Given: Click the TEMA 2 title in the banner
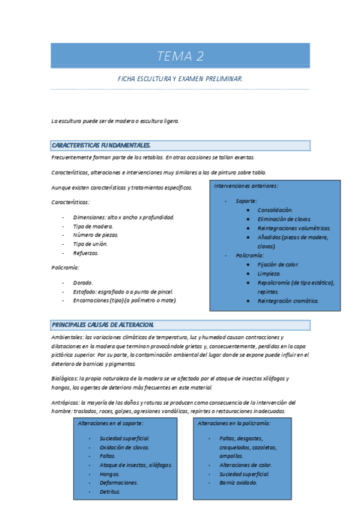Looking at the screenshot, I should tap(180, 57).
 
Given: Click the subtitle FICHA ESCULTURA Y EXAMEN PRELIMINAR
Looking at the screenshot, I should tap(180, 79).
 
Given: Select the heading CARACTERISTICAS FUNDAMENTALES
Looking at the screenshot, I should tap(101, 146).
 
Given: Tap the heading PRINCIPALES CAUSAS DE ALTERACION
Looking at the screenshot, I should tap(103, 325).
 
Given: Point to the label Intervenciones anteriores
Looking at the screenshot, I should tap(246, 186).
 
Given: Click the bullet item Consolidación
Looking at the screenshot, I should tap(275, 210).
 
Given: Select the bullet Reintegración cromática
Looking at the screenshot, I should tap(288, 300).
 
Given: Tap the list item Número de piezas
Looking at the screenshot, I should tap(96, 235).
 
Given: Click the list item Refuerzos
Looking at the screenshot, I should tap(85, 253).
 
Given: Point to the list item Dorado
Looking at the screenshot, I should tap(83, 282).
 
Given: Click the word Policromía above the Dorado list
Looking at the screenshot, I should tap(66, 267).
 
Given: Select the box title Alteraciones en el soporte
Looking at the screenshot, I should tap(111, 423).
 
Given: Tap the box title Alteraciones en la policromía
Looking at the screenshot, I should tap(234, 423).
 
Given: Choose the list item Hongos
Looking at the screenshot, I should tap(110, 474).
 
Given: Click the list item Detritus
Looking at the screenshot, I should tap(110, 491).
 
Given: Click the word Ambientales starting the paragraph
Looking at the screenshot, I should tap(67, 337).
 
